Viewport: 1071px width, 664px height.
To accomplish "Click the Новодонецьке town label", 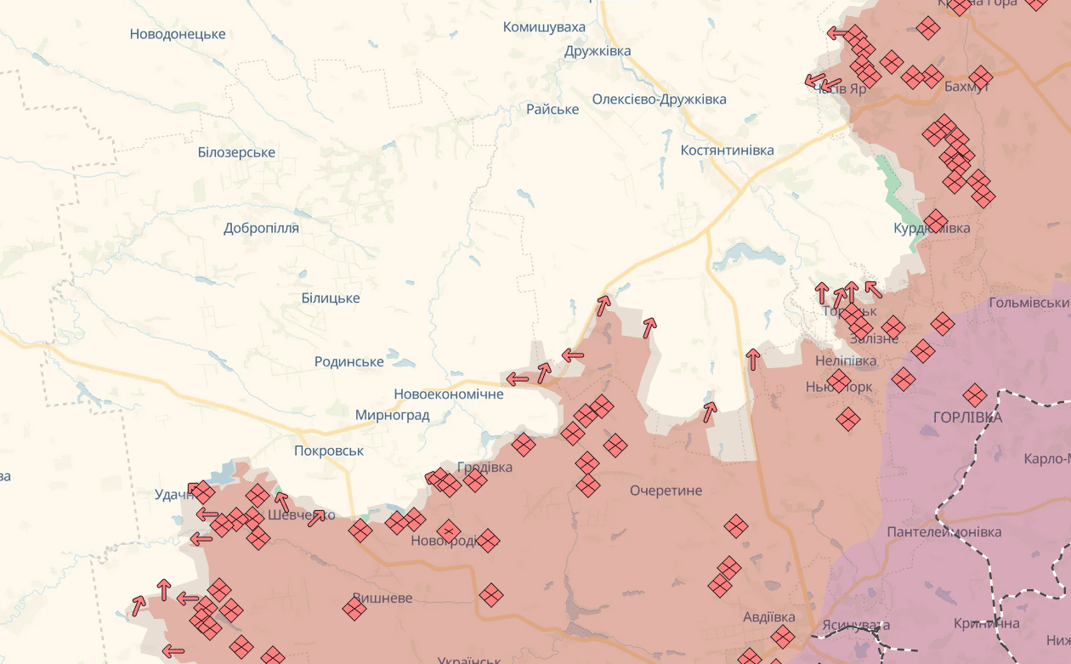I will click(x=178, y=34).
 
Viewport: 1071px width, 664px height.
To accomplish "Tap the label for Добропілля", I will click(x=261, y=228).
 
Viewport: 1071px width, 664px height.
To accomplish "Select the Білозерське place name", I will click(x=236, y=152).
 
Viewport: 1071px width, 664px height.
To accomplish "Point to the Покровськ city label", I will click(x=329, y=451).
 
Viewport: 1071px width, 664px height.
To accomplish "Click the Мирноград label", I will click(x=392, y=415).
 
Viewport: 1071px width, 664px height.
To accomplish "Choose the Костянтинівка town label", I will click(x=727, y=150).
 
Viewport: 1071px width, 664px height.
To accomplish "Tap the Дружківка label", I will click(x=598, y=51).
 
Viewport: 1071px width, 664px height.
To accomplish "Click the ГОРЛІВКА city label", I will click(x=967, y=417).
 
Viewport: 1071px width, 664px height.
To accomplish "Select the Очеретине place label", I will click(x=666, y=491).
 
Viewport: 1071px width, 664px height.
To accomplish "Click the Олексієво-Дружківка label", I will click(x=659, y=99).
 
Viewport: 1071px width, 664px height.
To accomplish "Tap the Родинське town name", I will click(x=349, y=361).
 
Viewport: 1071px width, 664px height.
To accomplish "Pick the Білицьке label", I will click(x=331, y=298).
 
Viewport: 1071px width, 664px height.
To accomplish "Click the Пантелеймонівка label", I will click(x=943, y=531).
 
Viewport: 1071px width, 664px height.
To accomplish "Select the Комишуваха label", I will click(x=544, y=27).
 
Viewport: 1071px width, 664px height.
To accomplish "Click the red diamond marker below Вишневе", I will click(x=354, y=608).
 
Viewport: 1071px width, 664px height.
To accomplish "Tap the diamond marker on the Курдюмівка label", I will click(x=935, y=222).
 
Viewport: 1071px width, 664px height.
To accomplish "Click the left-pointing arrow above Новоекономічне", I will click(x=517, y=378).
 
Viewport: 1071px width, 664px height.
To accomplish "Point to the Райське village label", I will click(x=552, y=109).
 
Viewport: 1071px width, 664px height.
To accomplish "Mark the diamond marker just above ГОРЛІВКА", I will click(x=975, y=394).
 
